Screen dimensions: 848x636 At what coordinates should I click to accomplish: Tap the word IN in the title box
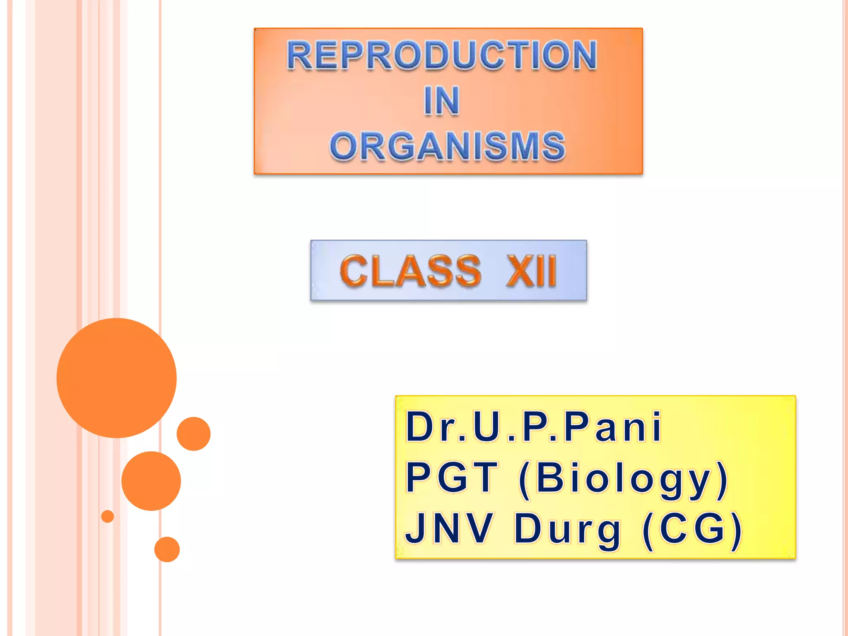pyautogui.click(x=442, y=101)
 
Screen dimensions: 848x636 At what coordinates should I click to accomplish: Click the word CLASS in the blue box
pyautogui.click(x=410, y=271)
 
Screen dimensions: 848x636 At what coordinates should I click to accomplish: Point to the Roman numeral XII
pyautogui.click(x=531, y=271)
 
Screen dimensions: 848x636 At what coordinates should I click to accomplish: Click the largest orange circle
pyautogui.click(x=117, y=378)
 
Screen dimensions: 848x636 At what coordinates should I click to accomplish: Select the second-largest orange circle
pyautogui.click(x=151, y=481)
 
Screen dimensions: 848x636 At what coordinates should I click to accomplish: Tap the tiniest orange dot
pyautogui.click(x=108, y=516)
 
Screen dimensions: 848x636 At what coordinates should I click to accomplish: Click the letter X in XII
pyautogui.click(x=518, y=271)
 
